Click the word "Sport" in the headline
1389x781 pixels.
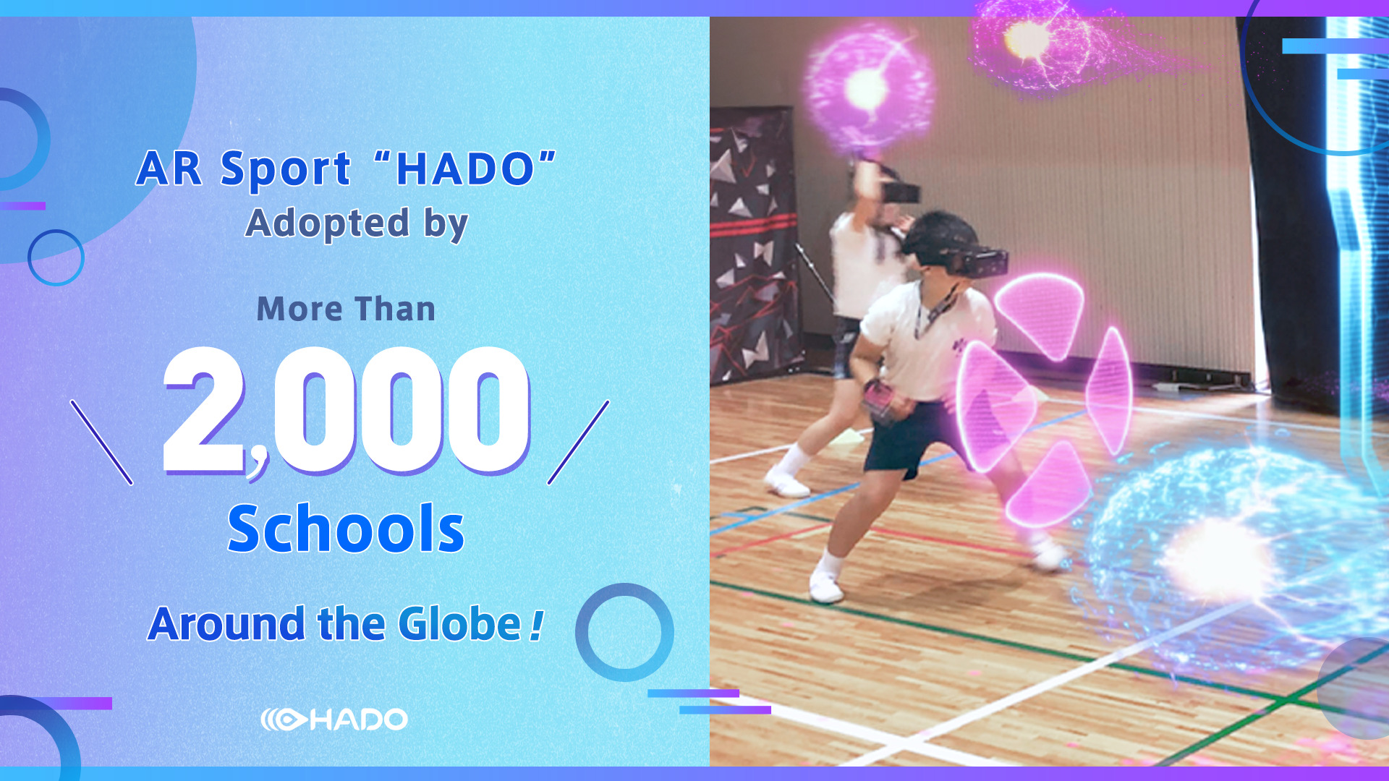[x=286, y=170]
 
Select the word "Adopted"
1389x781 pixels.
[x=327, y=223]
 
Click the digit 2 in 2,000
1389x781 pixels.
[x=205, y=410]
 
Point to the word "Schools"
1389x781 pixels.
[x=346, y=529]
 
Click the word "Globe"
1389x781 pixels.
[x=459, y=624]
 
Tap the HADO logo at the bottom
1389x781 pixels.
[x=334, y=720]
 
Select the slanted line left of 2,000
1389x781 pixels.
[x=101, y=442]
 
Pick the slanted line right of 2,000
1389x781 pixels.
[x=578, y=442]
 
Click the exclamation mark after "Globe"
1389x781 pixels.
[x=536, y=625]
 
